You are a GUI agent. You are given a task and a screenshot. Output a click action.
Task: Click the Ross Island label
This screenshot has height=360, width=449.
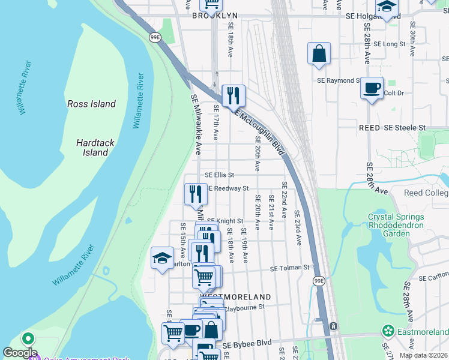click(x=91, y=104)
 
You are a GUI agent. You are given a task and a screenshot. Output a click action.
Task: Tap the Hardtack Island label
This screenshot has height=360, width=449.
click(x=95, y=148)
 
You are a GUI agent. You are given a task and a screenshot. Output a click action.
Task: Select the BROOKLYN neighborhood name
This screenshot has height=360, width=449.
click(x=215, y=16)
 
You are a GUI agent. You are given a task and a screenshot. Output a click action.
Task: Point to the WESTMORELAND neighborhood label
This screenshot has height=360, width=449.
click(x=235, y=297)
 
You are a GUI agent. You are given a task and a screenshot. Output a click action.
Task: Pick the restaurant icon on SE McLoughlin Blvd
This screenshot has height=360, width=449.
click(x=234, y=95)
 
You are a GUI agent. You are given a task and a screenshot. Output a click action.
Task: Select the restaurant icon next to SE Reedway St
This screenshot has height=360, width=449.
click(x=196, y=194)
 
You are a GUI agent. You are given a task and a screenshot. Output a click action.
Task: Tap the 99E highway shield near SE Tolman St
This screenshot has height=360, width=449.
click(x=319, y=280)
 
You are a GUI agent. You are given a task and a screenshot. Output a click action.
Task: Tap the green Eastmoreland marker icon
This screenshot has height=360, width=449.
click(x=388, y=331)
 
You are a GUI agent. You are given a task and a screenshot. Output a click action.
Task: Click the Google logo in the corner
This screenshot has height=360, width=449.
click(x=20, y=353)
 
